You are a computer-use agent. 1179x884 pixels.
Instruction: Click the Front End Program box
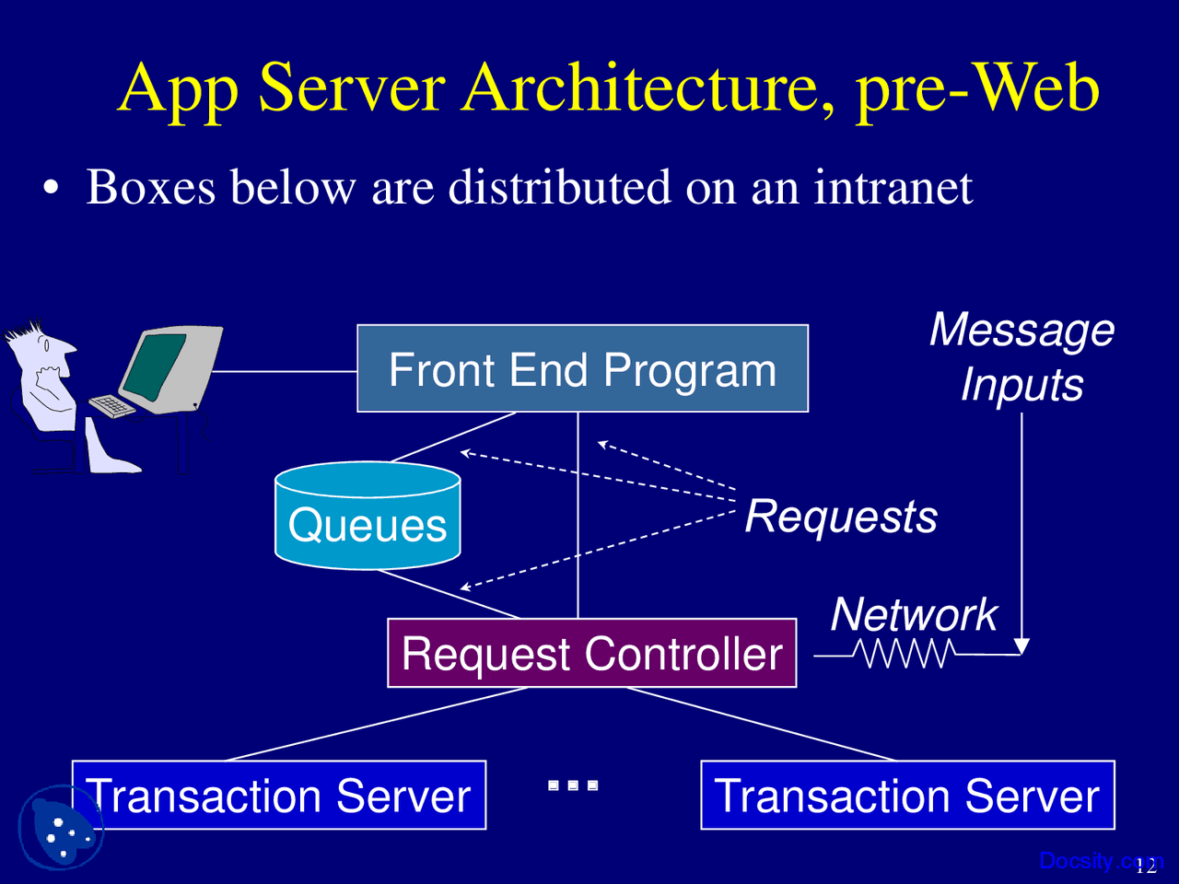tap(582, 368)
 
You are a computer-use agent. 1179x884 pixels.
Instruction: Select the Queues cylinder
tap(368, 516)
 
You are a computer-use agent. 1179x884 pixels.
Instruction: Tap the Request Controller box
tap(592, 653)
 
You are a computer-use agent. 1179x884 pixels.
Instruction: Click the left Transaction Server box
tap(279, 795)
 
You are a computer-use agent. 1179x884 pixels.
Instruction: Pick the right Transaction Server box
tap(908, 795)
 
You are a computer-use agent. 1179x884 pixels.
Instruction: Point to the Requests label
tap(841, 517)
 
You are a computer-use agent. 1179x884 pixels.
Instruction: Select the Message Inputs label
tap(1022, 356)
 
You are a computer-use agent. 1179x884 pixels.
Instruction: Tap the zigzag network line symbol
tap(905, 653)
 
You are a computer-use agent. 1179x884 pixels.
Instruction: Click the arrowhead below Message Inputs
tap(1021, 646)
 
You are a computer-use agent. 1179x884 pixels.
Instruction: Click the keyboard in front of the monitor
tap(111, 406)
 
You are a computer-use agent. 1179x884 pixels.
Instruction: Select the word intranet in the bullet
tap(893, 187)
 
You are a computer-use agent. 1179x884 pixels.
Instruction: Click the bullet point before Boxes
tap(51, 187)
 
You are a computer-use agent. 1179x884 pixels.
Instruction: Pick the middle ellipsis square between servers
tap(573, 785)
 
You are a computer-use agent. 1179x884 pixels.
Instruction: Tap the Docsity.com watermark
tap(1101, 861)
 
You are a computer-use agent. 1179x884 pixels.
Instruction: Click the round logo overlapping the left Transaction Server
tap(61, 827)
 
